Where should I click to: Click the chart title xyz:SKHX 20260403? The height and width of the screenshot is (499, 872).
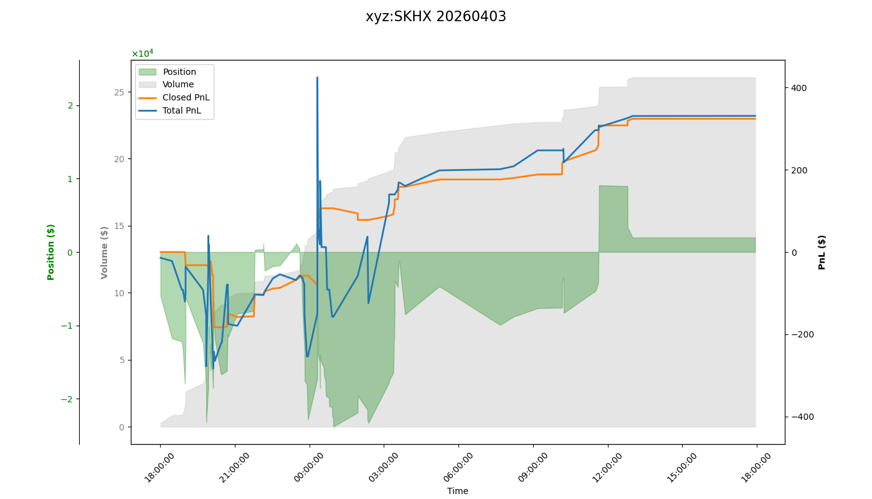tap(435, 17)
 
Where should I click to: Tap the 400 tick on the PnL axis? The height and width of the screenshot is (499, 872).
tap(799, 88)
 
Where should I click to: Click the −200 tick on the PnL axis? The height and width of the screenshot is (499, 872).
tap(797, 334)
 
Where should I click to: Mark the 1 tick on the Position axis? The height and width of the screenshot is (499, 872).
tap(70, 179)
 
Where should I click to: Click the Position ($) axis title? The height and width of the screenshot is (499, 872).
tap(51, 252)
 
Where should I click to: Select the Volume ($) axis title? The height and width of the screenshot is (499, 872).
tap(105, 252)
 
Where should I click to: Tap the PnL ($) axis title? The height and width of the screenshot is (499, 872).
tap(822, 252)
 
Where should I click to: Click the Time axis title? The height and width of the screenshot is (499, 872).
tap(457, 491)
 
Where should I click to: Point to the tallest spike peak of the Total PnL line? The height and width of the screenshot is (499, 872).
tap(317, 78)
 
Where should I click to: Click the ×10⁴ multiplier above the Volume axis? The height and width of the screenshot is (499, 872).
tap(142, 54)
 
